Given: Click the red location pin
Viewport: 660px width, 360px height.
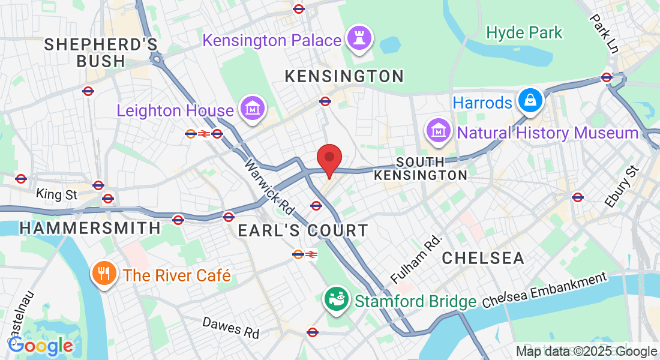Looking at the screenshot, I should coord(329,159).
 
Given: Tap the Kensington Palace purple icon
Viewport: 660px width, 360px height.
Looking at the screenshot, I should coord(361,40).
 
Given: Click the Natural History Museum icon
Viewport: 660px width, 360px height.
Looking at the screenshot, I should coord(439,131).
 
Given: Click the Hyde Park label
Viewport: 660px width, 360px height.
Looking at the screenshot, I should coord(524,32).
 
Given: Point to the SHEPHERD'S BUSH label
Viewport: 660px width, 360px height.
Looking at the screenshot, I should coord(101,53).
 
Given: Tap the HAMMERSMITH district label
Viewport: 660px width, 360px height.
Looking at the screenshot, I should coord(90,228).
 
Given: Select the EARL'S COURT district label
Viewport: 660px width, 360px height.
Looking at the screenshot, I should coord(303,230).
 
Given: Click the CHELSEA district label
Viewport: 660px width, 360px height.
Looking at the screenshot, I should coord(483,258).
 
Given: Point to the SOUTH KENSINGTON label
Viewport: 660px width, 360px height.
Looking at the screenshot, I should coord(421,169).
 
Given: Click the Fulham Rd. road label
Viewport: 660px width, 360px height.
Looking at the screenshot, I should coord(416,259).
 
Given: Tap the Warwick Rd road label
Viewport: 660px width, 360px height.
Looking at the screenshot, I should coord(270,187).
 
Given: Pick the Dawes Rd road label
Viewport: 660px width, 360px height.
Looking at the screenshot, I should coord(231,327).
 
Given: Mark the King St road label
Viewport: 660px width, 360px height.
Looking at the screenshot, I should coord(57,194).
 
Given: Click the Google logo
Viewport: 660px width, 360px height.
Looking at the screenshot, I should coord(40,346).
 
